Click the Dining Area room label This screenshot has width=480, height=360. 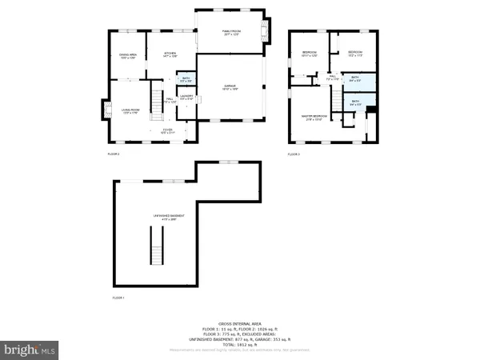pos(128,55)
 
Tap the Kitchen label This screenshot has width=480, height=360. pos(170,54)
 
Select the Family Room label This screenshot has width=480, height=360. pos(232,32)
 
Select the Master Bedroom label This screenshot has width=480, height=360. pos(313,118)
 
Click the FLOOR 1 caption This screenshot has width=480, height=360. pos(118,298)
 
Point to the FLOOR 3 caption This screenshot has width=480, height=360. pos(294,154)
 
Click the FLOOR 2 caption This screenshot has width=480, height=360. pos(114,153)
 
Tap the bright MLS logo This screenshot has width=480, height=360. pos(30,350)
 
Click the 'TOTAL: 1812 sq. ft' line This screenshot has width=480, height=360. pos(239,345)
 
